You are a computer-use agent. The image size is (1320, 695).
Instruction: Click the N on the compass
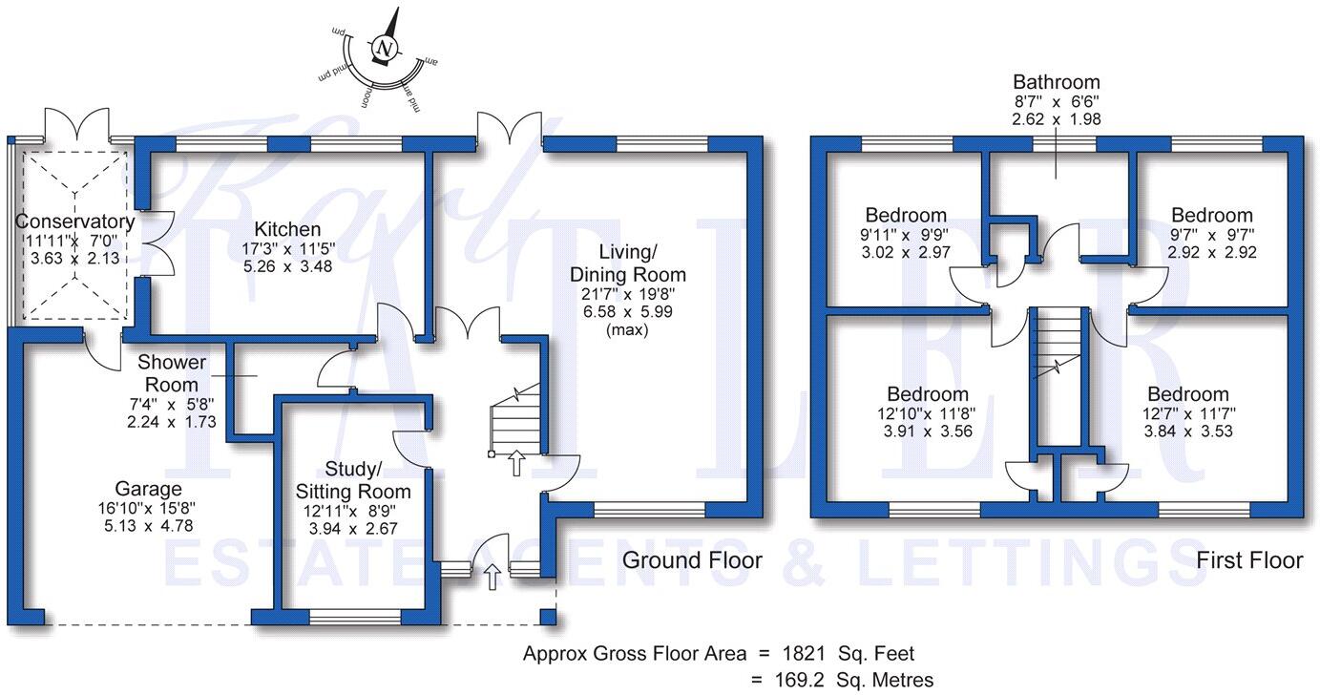click(x=384, y=49)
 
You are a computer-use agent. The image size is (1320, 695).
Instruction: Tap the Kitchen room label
click(x=287, y=229)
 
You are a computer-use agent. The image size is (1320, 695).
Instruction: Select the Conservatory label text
click(x=74, y=221)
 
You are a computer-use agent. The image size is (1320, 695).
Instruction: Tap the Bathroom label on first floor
click(x=1056, y=82)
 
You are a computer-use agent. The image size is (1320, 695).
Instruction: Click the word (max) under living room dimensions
click(x=627, y=330)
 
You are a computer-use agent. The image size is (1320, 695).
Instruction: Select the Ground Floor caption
click(x=692, y=560)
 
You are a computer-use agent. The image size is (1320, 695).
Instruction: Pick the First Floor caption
click(x=1249, y=560)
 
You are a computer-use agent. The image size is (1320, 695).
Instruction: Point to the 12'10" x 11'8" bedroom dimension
click(x=927, y=413)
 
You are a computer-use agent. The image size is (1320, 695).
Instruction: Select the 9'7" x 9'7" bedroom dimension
click(x=1212, y=234)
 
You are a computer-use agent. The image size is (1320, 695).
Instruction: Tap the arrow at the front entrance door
click(x=492, y=574)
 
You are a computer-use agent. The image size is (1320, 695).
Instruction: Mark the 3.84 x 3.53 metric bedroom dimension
click(x=1187, y=432)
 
